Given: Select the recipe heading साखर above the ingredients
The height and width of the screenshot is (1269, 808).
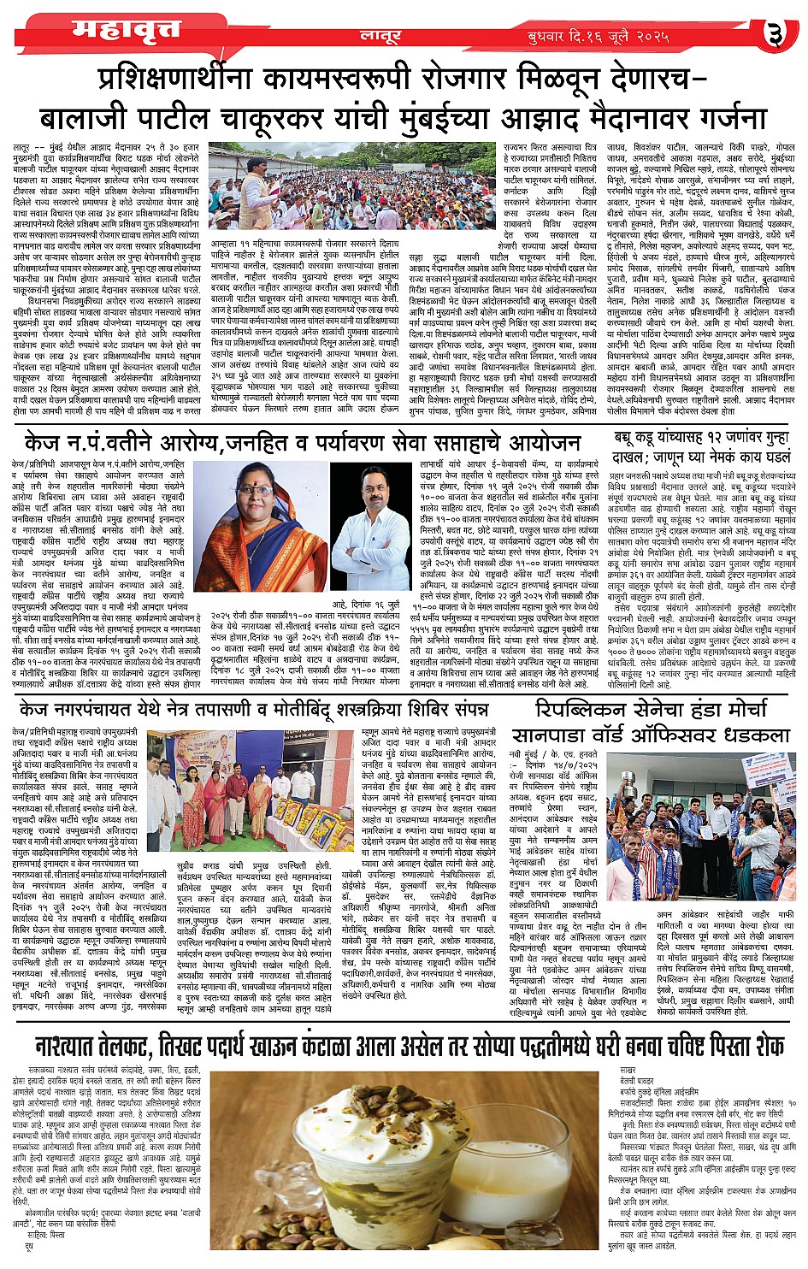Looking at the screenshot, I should (x=628, y=1071).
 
